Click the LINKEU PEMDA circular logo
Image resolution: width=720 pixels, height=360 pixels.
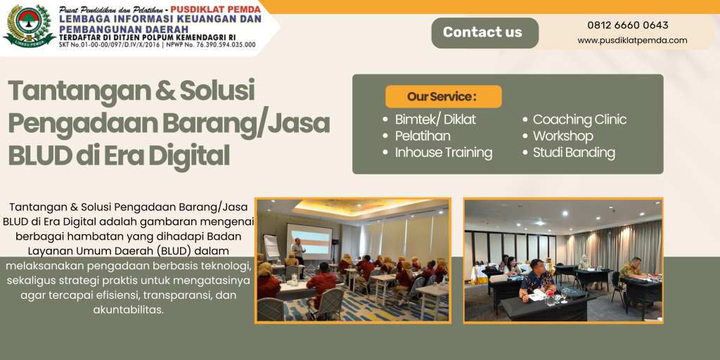(28, 26)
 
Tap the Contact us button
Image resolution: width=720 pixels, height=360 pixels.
(484, 32)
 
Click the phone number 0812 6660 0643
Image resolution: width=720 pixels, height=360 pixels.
(628, 25)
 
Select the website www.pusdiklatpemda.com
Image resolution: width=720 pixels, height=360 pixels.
(632, 40)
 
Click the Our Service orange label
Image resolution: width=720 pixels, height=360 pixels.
(443, 96)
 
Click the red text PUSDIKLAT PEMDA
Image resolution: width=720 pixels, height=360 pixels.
(215, 9)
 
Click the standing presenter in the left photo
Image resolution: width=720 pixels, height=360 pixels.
(298, 252)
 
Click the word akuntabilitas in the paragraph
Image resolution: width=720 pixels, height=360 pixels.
(129, 310)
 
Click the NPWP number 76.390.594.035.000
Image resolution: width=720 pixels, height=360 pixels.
(226, 45)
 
